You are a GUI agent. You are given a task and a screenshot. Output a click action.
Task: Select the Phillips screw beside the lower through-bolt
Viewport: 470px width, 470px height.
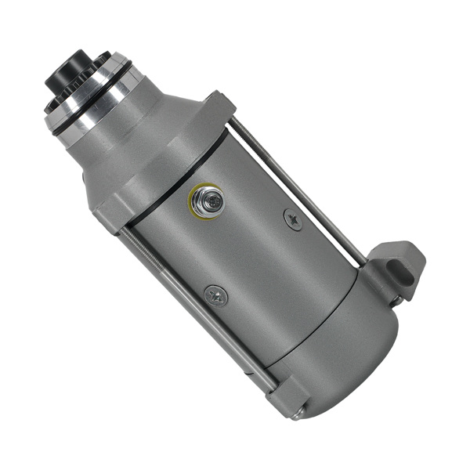coord(215,295)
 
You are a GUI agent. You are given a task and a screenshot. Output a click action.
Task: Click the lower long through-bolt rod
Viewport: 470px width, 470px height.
coord(196,313)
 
